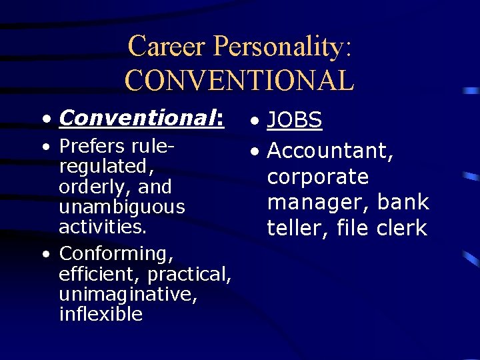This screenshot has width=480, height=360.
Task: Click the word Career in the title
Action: coord(167,47)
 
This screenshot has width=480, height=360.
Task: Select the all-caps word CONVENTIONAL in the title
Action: coord(239,80)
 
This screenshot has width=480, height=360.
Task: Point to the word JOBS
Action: coord(295,121)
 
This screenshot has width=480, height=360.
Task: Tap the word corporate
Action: coord(318,177)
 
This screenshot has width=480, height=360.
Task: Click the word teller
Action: coord(297,228)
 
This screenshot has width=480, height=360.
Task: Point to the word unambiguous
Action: coord(121,207)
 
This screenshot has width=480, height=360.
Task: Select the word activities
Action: coord(101,227)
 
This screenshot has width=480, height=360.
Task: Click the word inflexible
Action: coord(101,314)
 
